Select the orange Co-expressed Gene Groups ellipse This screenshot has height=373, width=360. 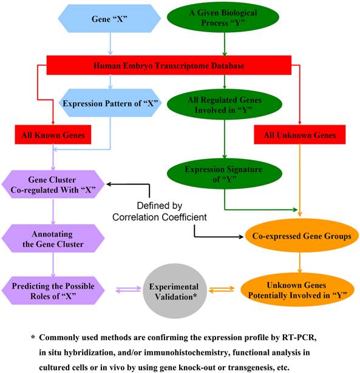point(299,237)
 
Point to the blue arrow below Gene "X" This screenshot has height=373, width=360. point(109,43)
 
